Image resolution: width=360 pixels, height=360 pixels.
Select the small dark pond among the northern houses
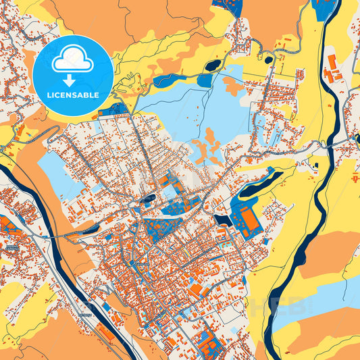pos(269,59)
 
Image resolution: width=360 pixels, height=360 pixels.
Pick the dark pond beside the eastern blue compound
pos(222,220)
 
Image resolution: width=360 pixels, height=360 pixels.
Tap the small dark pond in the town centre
pos(148,198)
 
